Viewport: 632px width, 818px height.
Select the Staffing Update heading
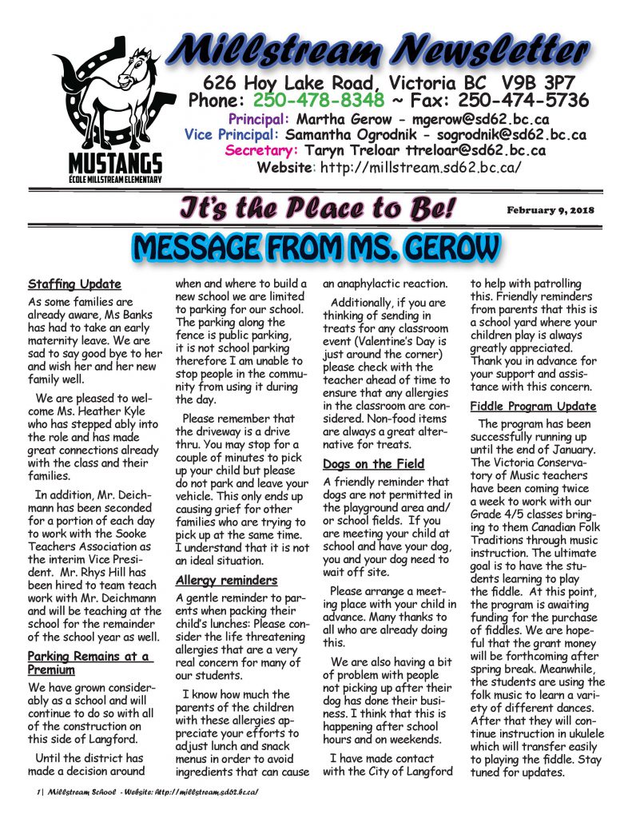74,284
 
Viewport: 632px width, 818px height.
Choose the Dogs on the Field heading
373,464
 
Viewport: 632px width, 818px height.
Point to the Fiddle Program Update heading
533,406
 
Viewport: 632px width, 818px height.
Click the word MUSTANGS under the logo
115,165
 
